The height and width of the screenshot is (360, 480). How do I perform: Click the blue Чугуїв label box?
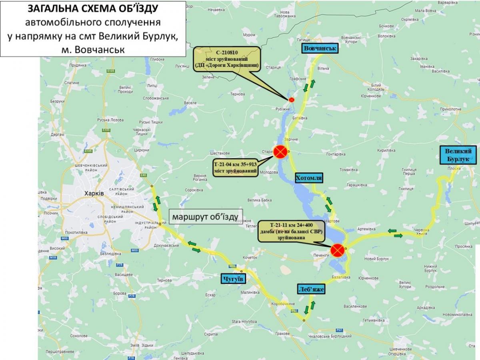point(232,278)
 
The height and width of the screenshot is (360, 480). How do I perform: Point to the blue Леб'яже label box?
point(311,289)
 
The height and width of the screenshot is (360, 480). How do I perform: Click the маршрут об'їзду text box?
point(205,218)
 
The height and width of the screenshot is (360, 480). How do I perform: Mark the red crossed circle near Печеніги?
point(338,250)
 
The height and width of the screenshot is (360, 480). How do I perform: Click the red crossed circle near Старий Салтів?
point(280,152)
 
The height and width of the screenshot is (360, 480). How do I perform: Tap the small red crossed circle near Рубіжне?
point(292,100)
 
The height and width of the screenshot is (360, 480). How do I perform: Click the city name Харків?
point(94,193)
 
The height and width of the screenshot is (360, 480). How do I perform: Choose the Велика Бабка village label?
point(260,200)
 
